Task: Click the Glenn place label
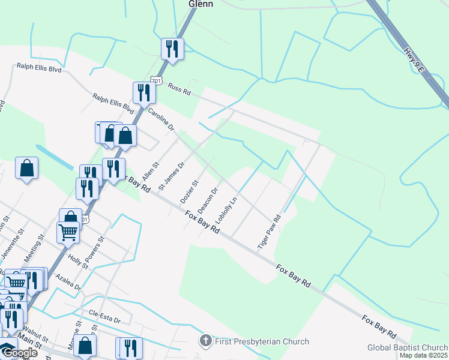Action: [x=201, y=4]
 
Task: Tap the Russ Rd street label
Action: [x=179, y=89]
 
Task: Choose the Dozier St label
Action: [x=189, y=191]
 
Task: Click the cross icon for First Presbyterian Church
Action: [x=205, y=341]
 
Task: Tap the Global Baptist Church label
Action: [x=408, y=347]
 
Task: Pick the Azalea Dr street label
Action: [x=68, y=281]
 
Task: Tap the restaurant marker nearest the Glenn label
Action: [x=172, y=49]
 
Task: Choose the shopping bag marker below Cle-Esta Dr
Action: [x=85, y=346]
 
